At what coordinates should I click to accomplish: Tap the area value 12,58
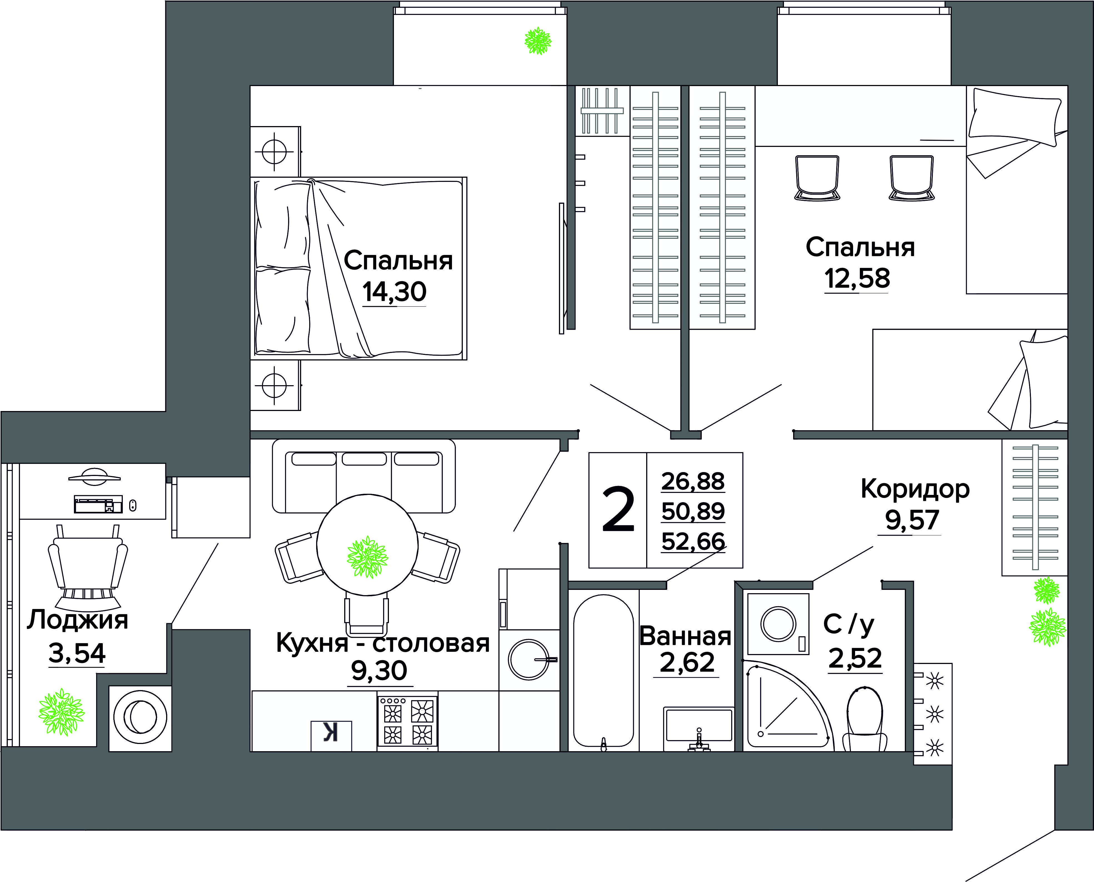point(857,279)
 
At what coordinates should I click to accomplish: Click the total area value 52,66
point(693,541)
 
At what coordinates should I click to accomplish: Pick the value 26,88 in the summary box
point(693,481)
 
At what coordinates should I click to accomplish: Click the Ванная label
point(685,636)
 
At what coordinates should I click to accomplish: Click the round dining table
point(367,544)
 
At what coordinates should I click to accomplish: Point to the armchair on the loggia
point(88,567)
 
